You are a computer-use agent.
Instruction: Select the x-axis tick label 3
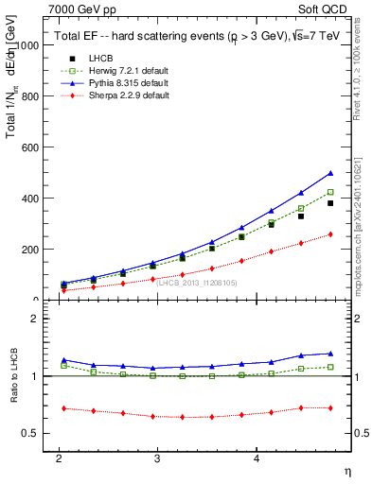click(x=157, y=458)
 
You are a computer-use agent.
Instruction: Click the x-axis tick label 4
click(x=257, y=458)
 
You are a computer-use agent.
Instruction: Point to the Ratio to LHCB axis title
click(x=12, y=376)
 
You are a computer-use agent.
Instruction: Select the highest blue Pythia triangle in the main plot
click(x=330, y=173)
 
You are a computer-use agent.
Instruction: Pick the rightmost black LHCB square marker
click(x=330, y=203)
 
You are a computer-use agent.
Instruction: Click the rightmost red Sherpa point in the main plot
click(x=330, y=234)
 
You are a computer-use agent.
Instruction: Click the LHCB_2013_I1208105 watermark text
click(x=197, y=283)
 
